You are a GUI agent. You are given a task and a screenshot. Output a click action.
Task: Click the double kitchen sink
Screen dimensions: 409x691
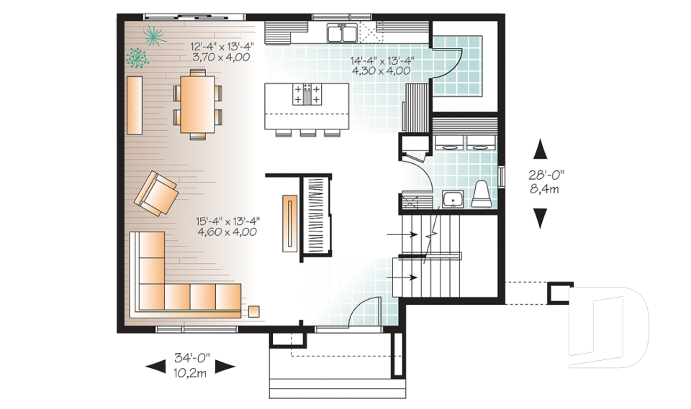coord(341,33)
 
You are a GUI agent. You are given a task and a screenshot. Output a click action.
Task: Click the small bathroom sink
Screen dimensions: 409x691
coord(453,198)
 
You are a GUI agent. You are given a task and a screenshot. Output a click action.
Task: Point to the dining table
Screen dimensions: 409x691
coord(197,103)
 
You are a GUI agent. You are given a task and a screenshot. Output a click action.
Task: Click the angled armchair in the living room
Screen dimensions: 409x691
coord(156,193)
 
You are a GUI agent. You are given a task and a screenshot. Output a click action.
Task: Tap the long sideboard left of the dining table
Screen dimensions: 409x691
coord(135,105)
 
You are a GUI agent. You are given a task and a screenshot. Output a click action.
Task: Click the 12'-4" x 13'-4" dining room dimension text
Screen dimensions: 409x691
coord(220,52)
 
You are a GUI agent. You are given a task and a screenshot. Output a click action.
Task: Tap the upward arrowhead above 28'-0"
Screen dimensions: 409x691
coord(540,150)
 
